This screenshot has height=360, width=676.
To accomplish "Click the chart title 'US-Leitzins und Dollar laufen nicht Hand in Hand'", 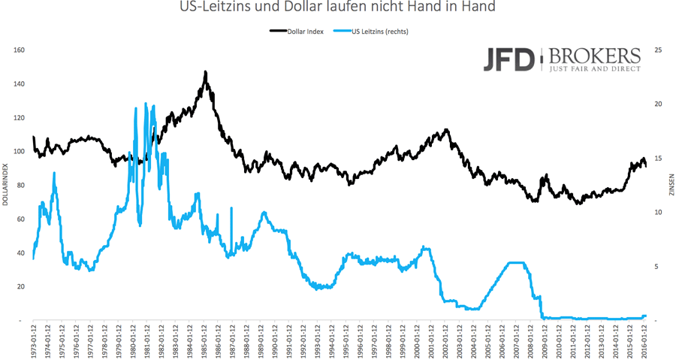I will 338,8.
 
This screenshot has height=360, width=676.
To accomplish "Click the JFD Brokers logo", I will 562,59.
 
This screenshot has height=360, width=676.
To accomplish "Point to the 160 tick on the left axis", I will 20,50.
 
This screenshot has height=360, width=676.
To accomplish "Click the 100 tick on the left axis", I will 20,152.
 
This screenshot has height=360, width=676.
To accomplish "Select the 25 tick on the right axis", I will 659,50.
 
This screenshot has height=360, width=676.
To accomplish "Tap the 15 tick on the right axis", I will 659,159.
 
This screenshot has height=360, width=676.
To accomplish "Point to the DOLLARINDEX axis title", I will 6,185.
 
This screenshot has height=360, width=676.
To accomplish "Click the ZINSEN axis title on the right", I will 671,185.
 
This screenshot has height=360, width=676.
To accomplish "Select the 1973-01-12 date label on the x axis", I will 34,343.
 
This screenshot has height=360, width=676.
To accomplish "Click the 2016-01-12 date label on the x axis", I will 644,343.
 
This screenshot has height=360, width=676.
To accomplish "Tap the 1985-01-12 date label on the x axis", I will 204,343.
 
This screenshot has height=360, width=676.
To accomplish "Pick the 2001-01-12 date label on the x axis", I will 431,343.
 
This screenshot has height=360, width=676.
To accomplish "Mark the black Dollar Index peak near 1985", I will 205,73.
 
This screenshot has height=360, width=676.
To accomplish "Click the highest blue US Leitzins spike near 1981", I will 146,104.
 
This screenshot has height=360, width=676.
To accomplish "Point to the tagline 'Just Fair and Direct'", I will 595,68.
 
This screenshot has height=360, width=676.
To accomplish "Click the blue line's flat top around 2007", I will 518,262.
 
